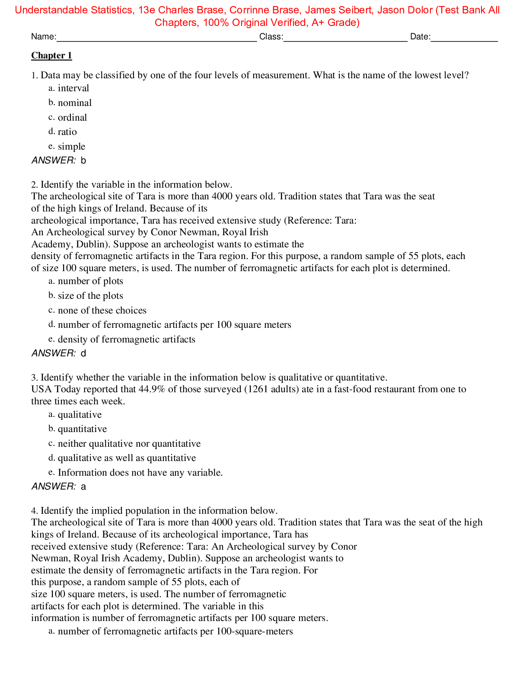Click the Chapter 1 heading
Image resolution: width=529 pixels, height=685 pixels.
click(51, 55)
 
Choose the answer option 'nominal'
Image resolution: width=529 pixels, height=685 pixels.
click(75, 103)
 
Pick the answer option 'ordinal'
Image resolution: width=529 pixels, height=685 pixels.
click(72, 118)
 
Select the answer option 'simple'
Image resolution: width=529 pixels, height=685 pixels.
click(71, 147)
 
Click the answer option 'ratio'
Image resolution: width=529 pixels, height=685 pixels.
click(67, 132)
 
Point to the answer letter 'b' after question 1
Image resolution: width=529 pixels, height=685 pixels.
click(83, 160)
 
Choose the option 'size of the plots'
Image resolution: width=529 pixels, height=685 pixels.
click(90, 296)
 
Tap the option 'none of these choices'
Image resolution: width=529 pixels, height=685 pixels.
click(102, 310)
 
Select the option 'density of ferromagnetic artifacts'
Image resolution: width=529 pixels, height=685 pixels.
click(126, 339)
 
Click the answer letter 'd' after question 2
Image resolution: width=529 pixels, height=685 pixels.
click(83, 353)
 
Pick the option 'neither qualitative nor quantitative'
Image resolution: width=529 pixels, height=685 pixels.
click(129, 444)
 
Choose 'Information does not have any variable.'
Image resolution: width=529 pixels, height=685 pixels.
click(140, 473)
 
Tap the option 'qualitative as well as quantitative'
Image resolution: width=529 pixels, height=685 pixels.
click(127, 458)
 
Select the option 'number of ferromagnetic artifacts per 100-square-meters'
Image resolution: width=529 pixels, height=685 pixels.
click(175, 631)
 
